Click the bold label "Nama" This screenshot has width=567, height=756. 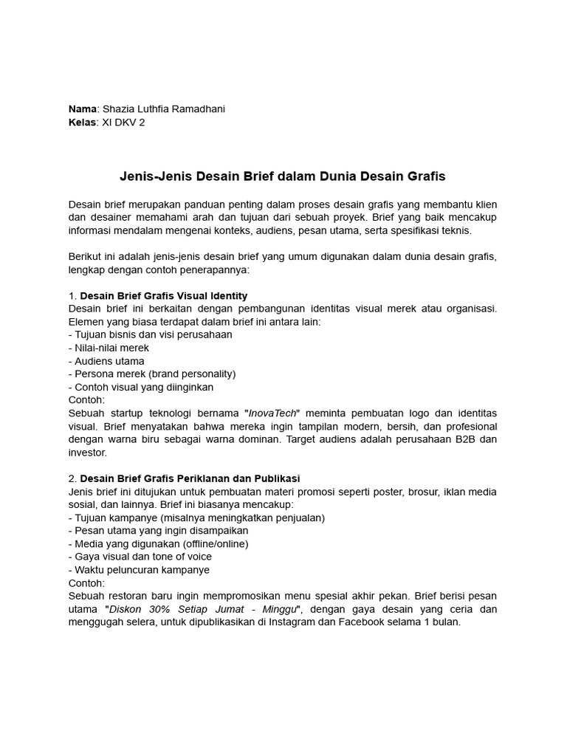[82, 109]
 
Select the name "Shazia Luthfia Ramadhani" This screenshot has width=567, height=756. [162, 109]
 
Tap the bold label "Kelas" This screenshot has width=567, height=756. [82, 123]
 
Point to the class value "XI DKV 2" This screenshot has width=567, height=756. [123, 123]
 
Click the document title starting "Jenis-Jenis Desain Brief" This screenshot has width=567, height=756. [283, 177]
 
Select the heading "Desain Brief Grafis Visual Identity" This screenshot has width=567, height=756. [163, 295]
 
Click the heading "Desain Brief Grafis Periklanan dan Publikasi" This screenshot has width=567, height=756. [190, 478]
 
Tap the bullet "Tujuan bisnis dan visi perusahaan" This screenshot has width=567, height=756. [152, 334]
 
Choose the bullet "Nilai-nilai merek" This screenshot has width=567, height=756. [111, 348]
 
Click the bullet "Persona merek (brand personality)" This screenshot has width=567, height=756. [154, 374]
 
